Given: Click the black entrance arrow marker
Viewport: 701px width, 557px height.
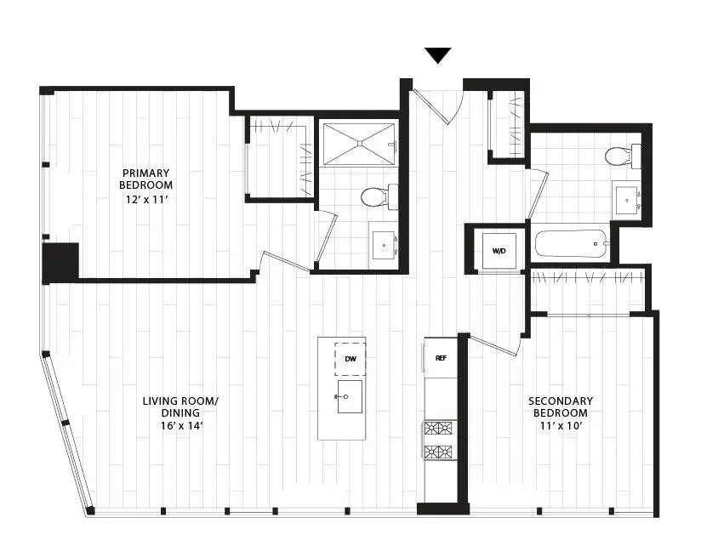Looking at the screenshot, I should (x=438, y=55).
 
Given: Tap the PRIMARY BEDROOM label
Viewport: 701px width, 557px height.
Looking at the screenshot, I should (x=146, y=179).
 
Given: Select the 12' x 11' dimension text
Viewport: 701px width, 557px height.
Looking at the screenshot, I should (x=146, y=200).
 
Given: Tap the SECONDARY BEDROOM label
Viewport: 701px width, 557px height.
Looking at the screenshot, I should (x=561, y=406).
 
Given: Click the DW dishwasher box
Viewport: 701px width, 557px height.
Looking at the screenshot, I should (x=350, y=359).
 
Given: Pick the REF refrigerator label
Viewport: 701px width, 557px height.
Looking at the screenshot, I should (x=441, y=358).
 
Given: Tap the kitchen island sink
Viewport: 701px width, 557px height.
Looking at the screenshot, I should (x=350, y=396).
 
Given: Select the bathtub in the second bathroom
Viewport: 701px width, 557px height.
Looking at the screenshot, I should (x=571, y=244).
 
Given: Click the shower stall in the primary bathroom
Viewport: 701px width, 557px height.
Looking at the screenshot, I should (x=358, y=143).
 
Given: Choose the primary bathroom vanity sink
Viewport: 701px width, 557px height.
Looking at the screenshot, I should (x=383, y=246).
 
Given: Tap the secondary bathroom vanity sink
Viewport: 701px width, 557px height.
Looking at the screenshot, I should (x=627, y=201).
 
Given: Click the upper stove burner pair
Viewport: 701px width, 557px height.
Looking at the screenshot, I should (x=441, y=429).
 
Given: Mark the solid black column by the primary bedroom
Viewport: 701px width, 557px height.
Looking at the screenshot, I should (x=60, y=263).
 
